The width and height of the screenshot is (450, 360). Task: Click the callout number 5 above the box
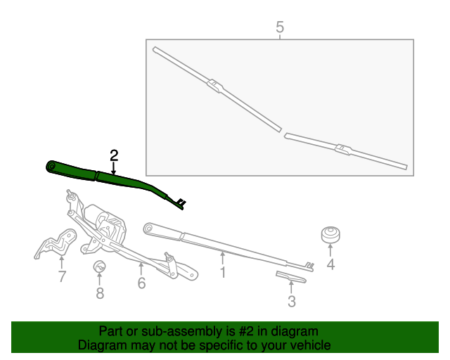[280, 27]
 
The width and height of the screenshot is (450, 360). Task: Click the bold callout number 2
[113, 155]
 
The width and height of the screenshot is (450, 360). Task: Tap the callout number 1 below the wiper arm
[222, 271]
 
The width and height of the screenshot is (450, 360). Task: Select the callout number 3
[291, 302]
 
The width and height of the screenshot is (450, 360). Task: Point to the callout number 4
[330, 264]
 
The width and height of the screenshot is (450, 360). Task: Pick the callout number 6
[141, 283]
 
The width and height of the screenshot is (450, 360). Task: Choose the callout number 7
[62, 276]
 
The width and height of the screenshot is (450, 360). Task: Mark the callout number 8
[100, 293]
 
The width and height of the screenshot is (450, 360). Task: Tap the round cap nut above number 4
[330, 235]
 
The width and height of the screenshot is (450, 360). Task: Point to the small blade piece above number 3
[290, 278]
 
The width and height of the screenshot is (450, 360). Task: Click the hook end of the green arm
[181, 203]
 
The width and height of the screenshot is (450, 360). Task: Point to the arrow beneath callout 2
[113, 168]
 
